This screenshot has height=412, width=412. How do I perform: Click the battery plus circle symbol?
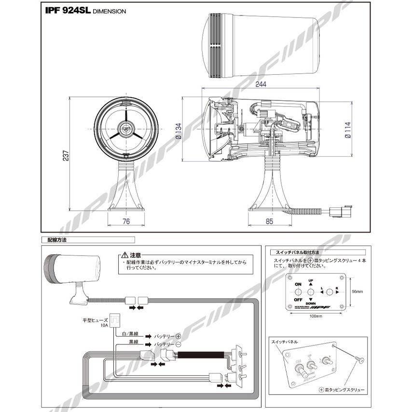tap(178, 336)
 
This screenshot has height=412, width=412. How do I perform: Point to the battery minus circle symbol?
tap(178, 345)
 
